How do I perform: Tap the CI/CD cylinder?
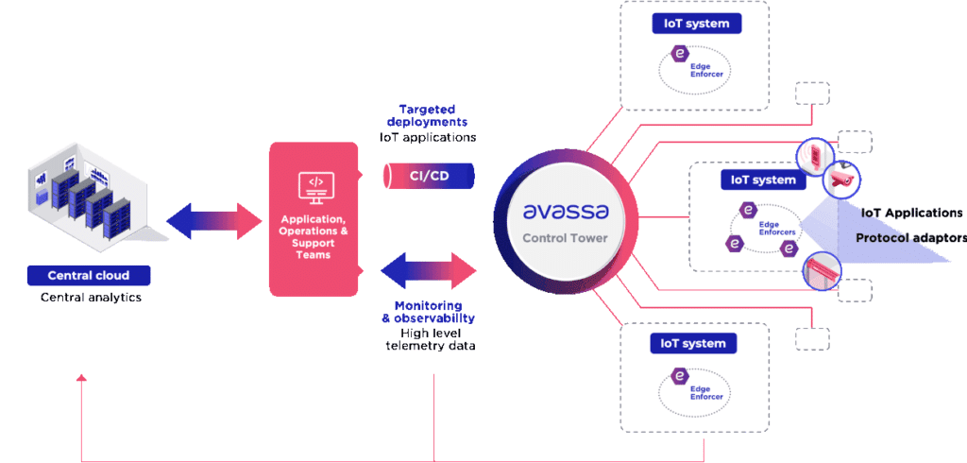click(429, 177)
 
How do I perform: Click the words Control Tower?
click(565, 238)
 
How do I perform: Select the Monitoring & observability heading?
click(429, 312)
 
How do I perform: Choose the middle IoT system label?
click(758, 180)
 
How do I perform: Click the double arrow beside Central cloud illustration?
click(214, 221)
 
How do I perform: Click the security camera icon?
click(840, 178)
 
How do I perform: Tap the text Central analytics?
click(89, 297)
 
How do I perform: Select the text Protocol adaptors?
click(909, 237)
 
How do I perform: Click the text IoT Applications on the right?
click(911, 213)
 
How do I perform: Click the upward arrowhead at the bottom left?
click(81, 379)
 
